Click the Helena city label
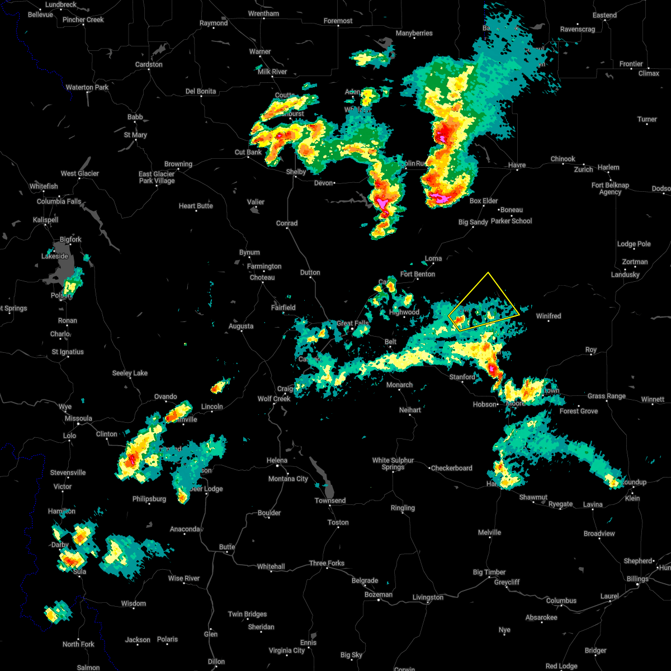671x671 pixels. tap(277, 460)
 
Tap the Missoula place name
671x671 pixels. tap(78, 418)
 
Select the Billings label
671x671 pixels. tap(637, 579)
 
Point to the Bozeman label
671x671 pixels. tap(378, 594)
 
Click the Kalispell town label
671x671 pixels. tap(45, 220)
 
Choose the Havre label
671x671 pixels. tap(517, 165)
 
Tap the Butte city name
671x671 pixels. tap(227, 547)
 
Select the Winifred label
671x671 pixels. tap(549, 316)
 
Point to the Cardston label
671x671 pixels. tap(149, 64)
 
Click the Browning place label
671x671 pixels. tap(178, 164)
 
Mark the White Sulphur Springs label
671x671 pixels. tap(393, 464)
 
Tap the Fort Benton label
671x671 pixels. tap(418, 274)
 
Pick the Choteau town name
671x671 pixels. tap(262, 277)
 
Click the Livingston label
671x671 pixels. tap(428, 597)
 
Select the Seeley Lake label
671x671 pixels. tap(130, 373)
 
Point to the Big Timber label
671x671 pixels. tap(489, 572)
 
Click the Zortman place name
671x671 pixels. tap(635, 262)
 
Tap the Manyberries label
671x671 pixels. tap(414, 33)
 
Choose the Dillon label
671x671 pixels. tap(216, 661)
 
